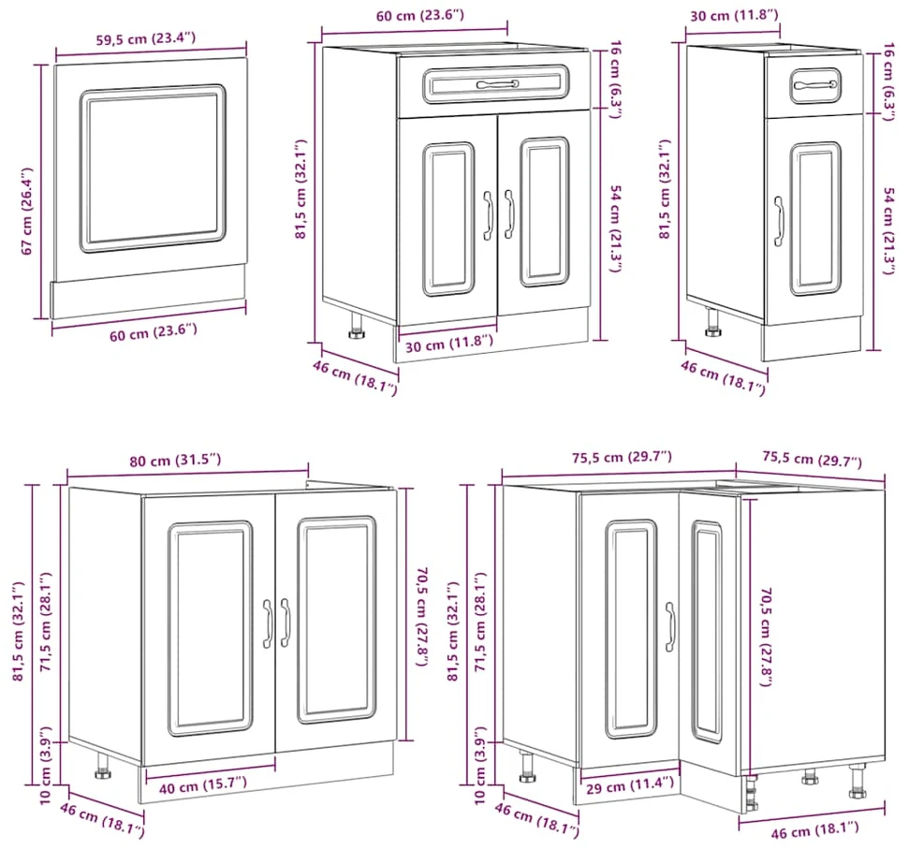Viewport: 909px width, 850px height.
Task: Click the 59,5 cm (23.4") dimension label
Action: click(145, 39)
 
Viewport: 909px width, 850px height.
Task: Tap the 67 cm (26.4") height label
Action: click(26, 211)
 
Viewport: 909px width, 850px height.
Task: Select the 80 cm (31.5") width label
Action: click(175, 461)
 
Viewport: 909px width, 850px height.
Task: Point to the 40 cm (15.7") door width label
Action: click(203, 785)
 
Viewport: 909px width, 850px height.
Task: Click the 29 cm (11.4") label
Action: click(630, 785)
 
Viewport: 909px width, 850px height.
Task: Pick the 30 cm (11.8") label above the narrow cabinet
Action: click(734, 15)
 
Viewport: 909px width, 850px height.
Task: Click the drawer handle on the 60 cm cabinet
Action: click(497, 84)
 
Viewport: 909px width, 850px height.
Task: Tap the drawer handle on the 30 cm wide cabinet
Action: click(815, 85)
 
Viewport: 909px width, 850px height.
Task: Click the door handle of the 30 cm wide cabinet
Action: click(779, 222)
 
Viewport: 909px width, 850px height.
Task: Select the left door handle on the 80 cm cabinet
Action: click(267, 623)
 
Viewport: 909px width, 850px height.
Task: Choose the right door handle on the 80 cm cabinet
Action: click(285, 623)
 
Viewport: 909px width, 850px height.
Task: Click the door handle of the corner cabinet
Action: click(670, 627)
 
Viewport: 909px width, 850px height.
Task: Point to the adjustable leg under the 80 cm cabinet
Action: click(103, 766)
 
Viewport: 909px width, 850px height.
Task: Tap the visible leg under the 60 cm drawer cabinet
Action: click(356, 326)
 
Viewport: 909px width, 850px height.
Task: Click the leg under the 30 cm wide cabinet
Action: click(712, 322)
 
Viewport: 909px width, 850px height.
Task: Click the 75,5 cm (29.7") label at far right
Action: click(812, 460)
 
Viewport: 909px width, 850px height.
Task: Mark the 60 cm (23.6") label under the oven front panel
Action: click(153, 332)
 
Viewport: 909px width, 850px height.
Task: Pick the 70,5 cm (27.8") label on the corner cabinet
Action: click(766, 637)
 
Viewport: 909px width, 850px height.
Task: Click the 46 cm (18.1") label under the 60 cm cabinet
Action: click(355, 377)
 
